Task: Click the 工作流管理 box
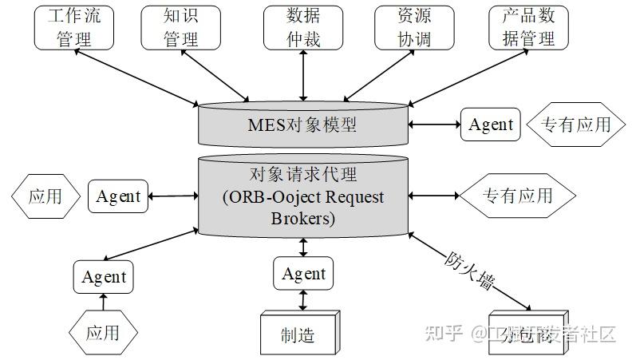74,27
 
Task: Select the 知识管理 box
180,27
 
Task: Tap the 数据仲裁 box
303,27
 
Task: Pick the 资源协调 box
414,27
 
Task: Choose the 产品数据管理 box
529,27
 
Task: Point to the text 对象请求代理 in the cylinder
303,175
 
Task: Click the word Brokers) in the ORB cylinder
303,217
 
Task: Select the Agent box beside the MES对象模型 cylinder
490,125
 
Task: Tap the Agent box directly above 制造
303,274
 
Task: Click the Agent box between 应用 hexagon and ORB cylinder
118,196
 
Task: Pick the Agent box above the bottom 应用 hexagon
104,277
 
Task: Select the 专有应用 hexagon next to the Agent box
575,125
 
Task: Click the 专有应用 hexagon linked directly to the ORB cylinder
517,196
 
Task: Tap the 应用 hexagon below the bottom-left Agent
103,331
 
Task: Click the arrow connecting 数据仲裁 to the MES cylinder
303,76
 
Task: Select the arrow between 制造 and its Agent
303,300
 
